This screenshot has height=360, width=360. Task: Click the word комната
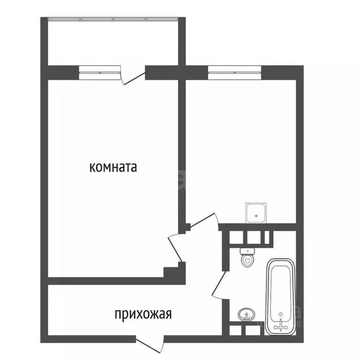[113, 167]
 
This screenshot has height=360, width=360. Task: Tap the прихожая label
[143, 314]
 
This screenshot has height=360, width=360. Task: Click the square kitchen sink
[257, 213]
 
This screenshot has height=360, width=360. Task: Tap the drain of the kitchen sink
[257, 216]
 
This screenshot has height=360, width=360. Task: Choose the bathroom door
[219, 286]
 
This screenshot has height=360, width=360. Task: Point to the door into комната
[176, 247]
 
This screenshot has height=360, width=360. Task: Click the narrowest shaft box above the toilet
[267, 238]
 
